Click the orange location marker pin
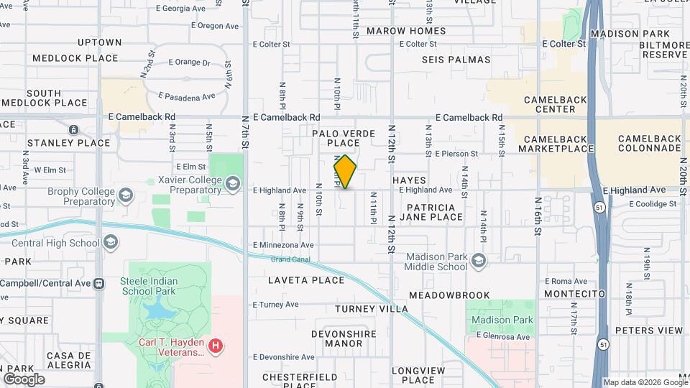(345, 172)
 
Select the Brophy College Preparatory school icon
(126, 195)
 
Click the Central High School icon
(111, 243)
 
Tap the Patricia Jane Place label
(431, 212)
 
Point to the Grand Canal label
(290, 259)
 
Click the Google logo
(24, 379)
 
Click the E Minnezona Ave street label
(283, 246)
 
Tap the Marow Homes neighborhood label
(406, 31)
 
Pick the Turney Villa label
(372, 309)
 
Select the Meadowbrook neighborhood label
(449, 295)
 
